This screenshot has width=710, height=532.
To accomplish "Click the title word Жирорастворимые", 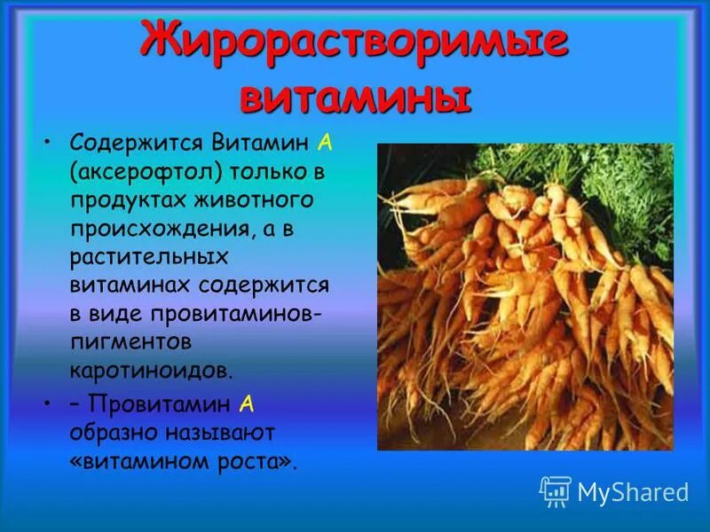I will (354, 42).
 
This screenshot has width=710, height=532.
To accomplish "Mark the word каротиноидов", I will (152, 371).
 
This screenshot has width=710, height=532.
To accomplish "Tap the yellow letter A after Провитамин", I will (247, 404).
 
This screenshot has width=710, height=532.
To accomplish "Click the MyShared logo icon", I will (555, 491).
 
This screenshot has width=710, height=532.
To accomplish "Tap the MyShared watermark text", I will (633, 492).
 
